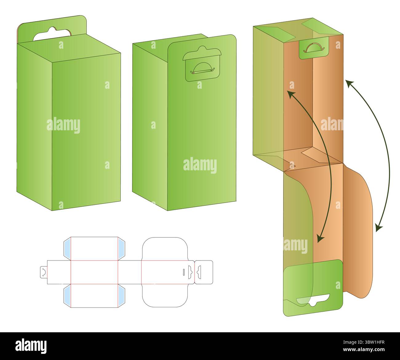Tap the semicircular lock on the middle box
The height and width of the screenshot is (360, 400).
202,68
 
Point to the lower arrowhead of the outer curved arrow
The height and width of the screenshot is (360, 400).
378,227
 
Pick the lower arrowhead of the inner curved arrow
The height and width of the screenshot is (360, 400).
320,239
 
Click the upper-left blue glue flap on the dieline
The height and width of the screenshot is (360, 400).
67,249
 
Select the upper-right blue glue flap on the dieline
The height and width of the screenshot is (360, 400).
122,249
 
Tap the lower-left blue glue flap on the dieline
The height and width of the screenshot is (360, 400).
67,296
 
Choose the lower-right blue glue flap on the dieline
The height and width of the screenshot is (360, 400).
122,296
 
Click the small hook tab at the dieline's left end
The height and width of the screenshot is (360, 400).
44,272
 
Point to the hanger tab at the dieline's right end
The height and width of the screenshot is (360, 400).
204,272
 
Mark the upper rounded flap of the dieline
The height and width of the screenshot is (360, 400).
165,249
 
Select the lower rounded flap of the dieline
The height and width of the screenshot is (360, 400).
165,296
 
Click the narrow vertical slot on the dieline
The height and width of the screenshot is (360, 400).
184,272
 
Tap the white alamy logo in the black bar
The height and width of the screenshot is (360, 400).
31,346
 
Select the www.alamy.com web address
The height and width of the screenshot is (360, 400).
364,350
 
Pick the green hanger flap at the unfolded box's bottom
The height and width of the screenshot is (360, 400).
313,288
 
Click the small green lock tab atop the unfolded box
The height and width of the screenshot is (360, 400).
314,48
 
